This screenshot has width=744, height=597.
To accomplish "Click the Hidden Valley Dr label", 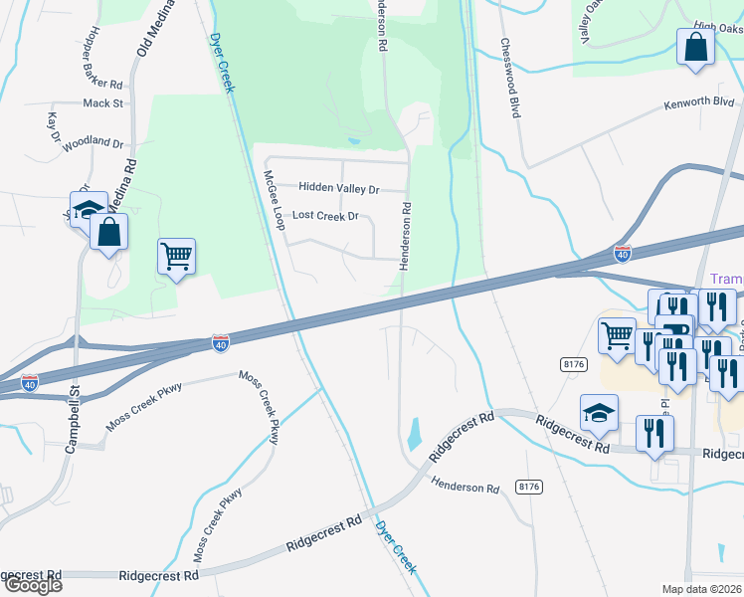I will point(339,189).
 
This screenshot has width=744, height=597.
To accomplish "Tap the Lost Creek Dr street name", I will point(324,216).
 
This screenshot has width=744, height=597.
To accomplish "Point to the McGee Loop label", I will point(273,199).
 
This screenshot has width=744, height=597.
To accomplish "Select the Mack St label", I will point(103,102).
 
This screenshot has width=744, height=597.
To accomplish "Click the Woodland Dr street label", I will point(93,143).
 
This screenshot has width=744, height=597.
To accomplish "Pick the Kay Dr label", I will point(54,129).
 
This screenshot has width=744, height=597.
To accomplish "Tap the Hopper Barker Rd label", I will point(101,57).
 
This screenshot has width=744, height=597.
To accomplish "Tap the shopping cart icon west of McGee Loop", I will point(177,257).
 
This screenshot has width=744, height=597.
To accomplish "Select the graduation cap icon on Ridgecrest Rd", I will point(599,412).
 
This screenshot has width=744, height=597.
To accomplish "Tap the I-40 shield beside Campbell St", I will point(30,382).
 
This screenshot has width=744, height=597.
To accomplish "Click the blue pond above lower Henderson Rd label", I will point(414,435).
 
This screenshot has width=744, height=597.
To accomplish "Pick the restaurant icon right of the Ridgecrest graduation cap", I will point(654,433).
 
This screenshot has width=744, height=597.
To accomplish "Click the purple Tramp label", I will point(727,280).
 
